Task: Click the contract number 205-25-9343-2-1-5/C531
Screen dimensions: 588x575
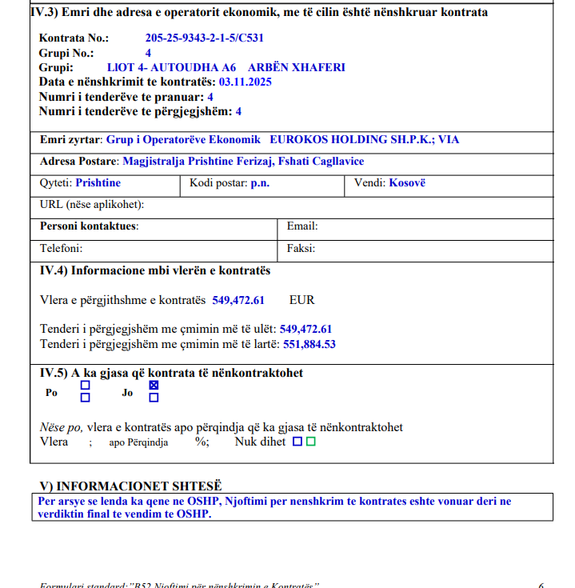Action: coord(205,38)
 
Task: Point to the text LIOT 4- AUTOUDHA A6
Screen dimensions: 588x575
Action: coord(166,67)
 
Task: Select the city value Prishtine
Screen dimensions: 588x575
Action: coord(98,182)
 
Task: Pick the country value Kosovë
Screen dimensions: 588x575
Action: coord(407,182)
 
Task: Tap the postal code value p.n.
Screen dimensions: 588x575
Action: coord(259,182)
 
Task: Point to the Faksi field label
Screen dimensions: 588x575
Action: coord(301,248)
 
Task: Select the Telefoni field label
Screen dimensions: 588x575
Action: coord(62,248)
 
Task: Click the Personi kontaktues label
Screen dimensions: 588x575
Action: coord(89,226)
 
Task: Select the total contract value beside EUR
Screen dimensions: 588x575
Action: coord(238,300)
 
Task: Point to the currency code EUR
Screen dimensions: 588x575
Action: coord(302,300)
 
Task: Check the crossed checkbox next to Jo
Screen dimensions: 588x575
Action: coord(154,386)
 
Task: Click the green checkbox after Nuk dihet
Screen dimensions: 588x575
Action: coord(311,441)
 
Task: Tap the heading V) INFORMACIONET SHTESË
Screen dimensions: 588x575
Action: coord(130,486)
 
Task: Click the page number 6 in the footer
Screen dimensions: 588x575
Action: coord(541,585)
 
